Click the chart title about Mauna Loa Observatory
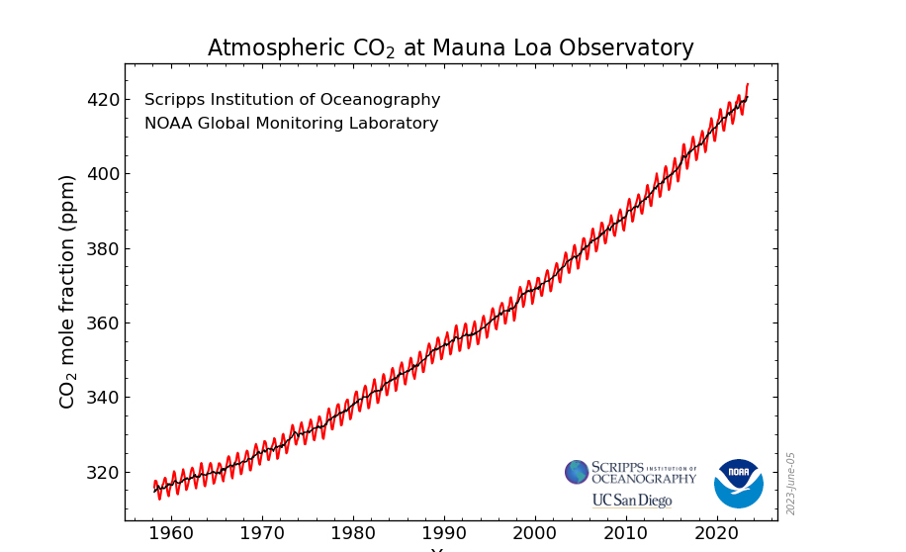tap(450, 48)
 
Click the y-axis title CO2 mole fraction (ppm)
tap(67, 292)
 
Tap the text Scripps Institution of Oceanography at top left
tap(292, 100)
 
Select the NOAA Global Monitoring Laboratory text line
tap(291, 124)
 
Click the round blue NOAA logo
tap(738, 483)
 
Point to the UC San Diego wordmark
tap(632, 501)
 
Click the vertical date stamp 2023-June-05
tap(791, 483)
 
